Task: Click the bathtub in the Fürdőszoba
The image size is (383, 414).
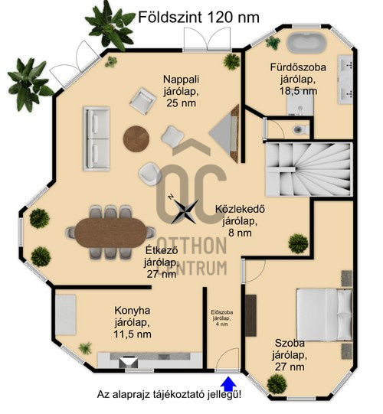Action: click(306, 43)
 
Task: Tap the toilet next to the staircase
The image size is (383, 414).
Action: click(301, 129)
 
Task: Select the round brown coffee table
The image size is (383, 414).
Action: click(136, 139)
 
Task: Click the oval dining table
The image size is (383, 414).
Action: click(111, 233)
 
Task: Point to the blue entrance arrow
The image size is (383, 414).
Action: click(228, 384)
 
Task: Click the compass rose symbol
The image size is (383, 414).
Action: click(185, 211)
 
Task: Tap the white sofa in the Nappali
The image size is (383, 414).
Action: click(97, 139)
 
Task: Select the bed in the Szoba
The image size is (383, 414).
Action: click(324, 315)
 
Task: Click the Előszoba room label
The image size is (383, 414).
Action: click(222, 318)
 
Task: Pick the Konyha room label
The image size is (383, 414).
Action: click(133, 322)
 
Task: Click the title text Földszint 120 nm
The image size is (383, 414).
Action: click(198, 18)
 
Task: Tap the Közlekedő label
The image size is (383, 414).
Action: click(240, 220)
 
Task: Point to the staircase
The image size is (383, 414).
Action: click(309, 169)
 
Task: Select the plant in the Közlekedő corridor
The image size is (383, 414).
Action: click(298, 243)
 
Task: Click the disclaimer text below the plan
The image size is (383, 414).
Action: click(169, 395)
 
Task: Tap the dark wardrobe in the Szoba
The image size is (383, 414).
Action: click(250, 315)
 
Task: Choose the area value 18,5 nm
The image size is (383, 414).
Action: click(299, 91)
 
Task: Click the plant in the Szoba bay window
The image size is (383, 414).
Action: click(277, 384)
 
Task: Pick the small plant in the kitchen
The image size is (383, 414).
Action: click(85, 348)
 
